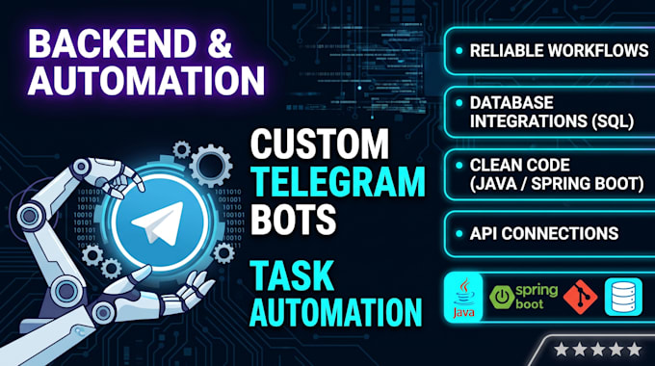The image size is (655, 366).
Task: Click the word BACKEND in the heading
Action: tap(112, 44)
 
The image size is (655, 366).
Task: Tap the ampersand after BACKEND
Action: tap(221, 44)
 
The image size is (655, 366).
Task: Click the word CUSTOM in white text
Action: tap(320, 144)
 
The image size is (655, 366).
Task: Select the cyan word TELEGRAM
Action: tap(337, 181)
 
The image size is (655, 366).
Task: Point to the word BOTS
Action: tap(293, 219)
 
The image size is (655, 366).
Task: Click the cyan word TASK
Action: tap(292, 274)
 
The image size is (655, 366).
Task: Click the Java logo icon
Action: tap(463, 298)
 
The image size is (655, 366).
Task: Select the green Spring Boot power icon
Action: tap(501, 297)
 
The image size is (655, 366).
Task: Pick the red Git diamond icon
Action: tap(580, 297)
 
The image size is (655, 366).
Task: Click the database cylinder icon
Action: tap(623, 297)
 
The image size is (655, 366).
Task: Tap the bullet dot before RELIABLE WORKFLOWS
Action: tap(459, 50)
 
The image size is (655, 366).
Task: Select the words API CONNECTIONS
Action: tap(544, 233)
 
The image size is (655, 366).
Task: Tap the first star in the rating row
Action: tap(561, 350)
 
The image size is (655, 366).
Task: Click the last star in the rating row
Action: tap(635, 350)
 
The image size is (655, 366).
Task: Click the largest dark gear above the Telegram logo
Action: tap(211, 166)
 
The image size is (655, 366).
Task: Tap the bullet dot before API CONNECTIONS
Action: tap(459, 233)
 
